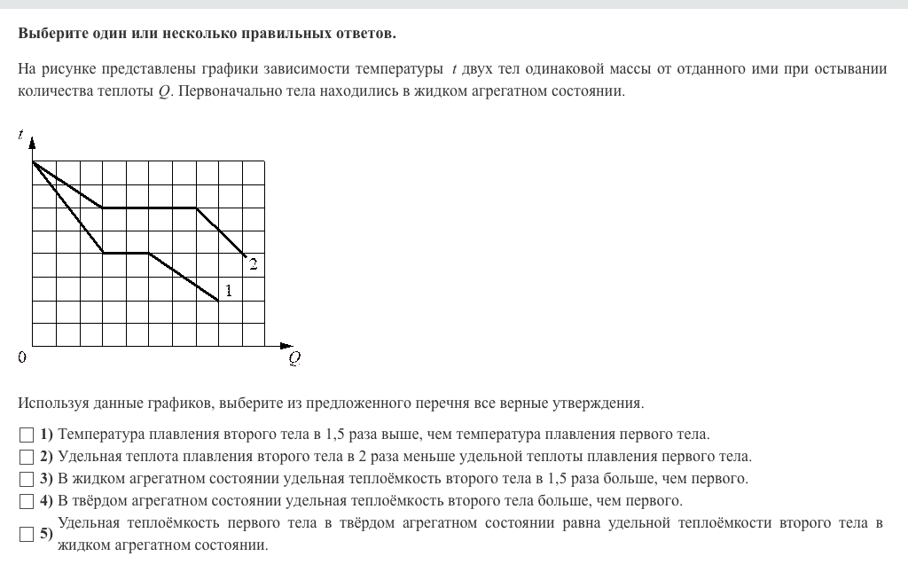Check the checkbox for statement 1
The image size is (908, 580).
26,435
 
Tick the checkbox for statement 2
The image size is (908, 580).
26,457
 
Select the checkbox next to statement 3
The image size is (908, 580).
26,479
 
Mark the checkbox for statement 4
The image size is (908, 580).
26,501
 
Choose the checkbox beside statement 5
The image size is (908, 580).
26,534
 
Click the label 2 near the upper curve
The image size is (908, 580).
253,263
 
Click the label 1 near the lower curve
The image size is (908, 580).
229,289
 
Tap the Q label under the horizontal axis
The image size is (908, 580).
294,358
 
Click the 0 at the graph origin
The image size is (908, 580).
22,357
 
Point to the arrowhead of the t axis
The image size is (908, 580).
32,142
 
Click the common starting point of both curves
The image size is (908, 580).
33,161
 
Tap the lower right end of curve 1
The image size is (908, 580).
219,301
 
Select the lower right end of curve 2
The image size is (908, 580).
246,256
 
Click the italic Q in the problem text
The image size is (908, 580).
163,91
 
